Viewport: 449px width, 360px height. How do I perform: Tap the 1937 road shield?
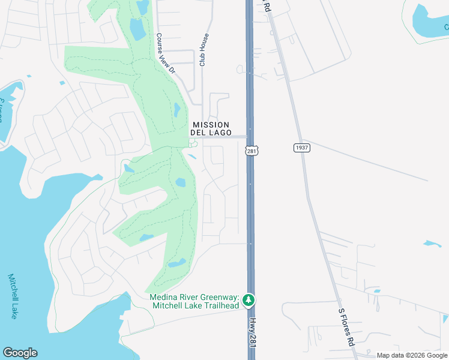(301, 148)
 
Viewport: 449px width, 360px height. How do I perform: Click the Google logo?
(20, 353)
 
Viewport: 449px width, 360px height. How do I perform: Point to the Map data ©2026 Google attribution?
(412, 355)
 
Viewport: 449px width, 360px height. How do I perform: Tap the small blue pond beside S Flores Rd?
(432, 244)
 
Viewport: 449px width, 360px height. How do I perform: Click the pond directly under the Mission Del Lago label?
(191, 157)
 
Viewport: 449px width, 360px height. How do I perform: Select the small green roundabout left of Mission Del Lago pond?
(193, 143)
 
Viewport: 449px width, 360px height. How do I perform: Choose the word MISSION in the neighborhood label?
(210, 125)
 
